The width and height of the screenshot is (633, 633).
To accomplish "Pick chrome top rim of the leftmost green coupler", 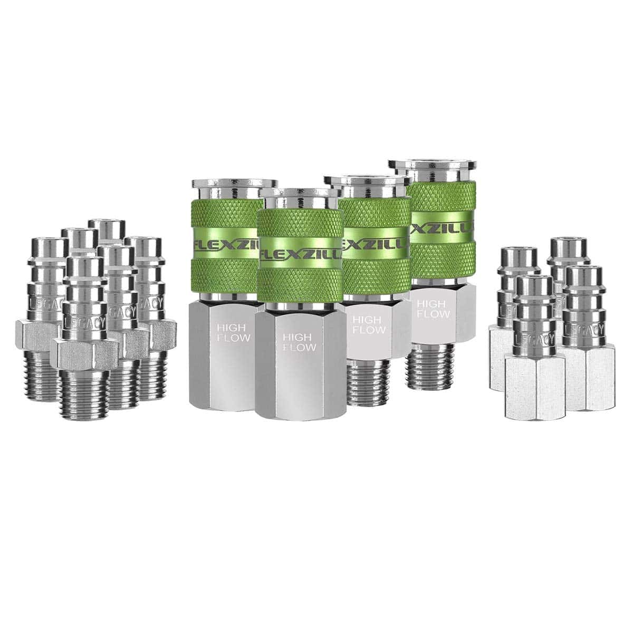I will pyautogui.click(x=235, y=184).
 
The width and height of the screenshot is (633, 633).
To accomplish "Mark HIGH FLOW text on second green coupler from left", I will pyautogui.click(x=299, y=342).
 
